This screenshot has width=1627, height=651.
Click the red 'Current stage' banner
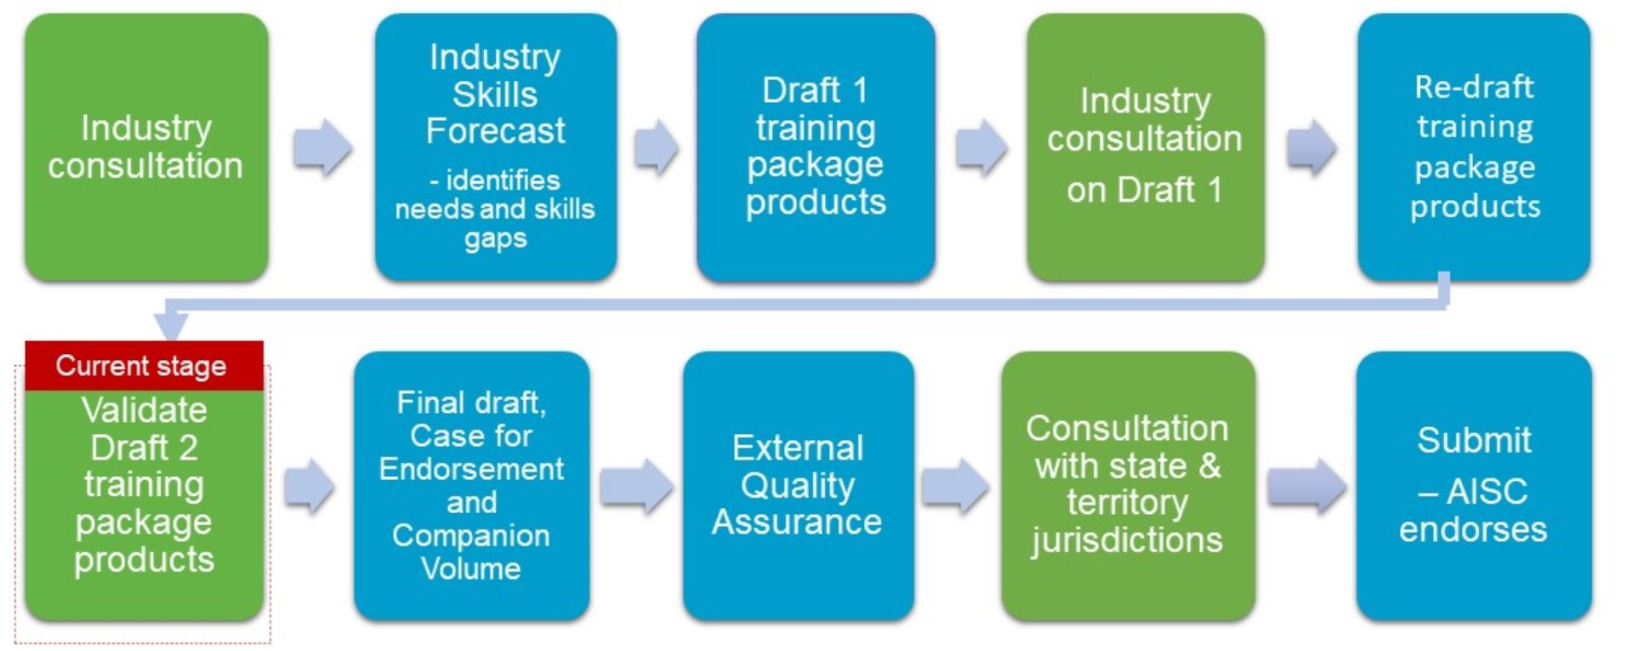(144, 366)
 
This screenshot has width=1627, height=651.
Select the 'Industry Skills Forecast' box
(496, 147)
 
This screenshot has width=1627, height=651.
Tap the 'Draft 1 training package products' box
(816, 147)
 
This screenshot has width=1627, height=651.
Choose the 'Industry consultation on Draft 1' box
(1145, 147)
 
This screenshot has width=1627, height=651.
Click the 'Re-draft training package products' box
(1474, 147)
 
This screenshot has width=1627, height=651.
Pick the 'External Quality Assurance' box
(798, 486)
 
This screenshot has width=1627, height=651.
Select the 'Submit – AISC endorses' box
(1474, 486)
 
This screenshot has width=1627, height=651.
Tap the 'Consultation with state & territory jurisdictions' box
(1128, 486)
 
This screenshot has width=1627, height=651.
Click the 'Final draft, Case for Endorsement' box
(471, 486)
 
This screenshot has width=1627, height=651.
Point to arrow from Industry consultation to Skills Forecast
(322, 147)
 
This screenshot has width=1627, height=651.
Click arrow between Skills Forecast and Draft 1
(657, 147)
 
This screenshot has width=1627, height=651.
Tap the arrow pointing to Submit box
(1307, 487)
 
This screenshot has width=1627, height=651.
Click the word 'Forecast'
(496, 131)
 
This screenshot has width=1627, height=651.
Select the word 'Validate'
(145, 410)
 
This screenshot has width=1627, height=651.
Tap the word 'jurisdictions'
(1128, 540)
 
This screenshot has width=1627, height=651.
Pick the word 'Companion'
(471, 536)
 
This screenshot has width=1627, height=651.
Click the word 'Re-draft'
(1474, 87)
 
